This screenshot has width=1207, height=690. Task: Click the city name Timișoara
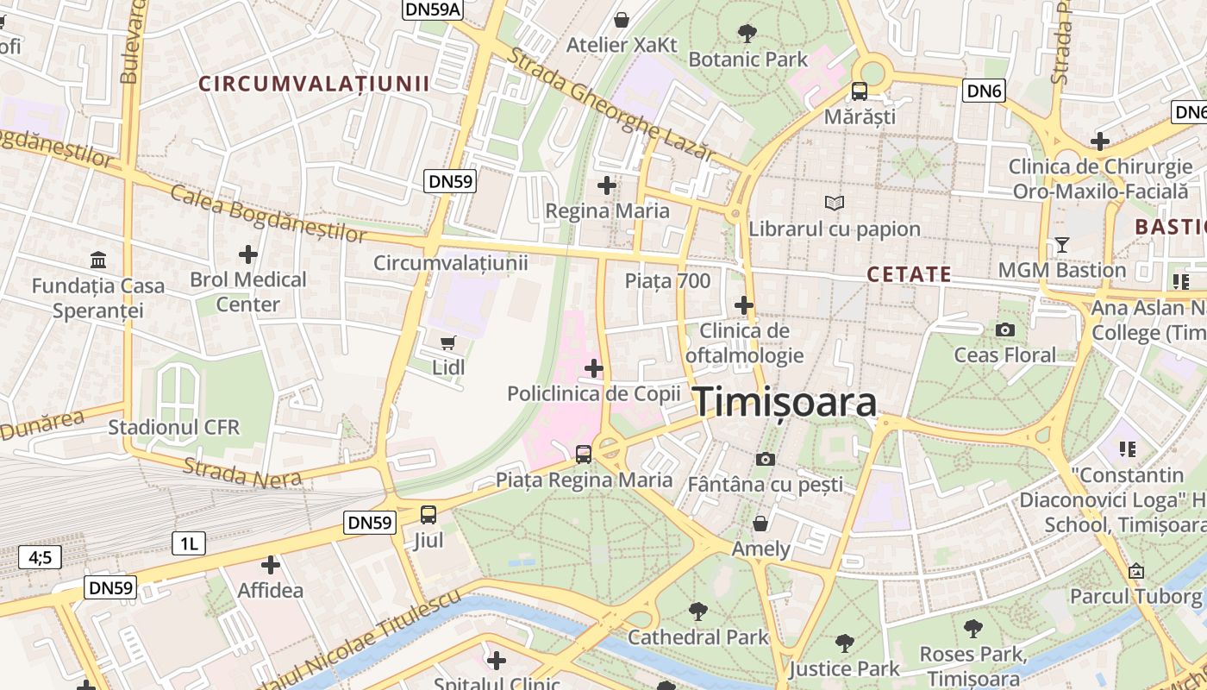click(x=785, y=402)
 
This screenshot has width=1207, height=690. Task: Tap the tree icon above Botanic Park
click(x=747, y=34)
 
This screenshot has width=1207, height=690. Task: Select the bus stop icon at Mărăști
click(x=860, y=91)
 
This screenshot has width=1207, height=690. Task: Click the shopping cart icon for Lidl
click(x=447, y=343)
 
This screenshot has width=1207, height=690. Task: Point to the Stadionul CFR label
click(x=173, y=427)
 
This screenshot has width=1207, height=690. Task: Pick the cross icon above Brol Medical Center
click(x=248, y=254)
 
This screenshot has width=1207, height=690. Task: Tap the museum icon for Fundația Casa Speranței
click(x=98, y=260)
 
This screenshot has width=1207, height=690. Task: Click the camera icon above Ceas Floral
click(x=1004, y=329)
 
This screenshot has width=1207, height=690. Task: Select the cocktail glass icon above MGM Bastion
click(x=1061, y=245)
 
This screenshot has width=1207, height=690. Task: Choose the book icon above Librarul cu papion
click(x=834, y=204)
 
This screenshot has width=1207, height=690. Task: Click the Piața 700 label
click(x=667, y=281)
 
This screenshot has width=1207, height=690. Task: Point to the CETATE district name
click(x=909, y=274)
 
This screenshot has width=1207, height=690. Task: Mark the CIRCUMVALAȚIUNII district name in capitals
click(x=314, y=84)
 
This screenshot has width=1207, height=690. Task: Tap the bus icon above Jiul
click(x=428, y=515)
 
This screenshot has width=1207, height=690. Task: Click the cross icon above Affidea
click(x=271, y=565)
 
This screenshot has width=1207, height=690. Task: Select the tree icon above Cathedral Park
click(x=697, y=612)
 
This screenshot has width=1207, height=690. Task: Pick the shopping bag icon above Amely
click(x=760, y=524)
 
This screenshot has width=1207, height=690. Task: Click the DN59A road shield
click(x=433, y=9)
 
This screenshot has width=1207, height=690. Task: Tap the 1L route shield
click(x=189, y=543)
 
